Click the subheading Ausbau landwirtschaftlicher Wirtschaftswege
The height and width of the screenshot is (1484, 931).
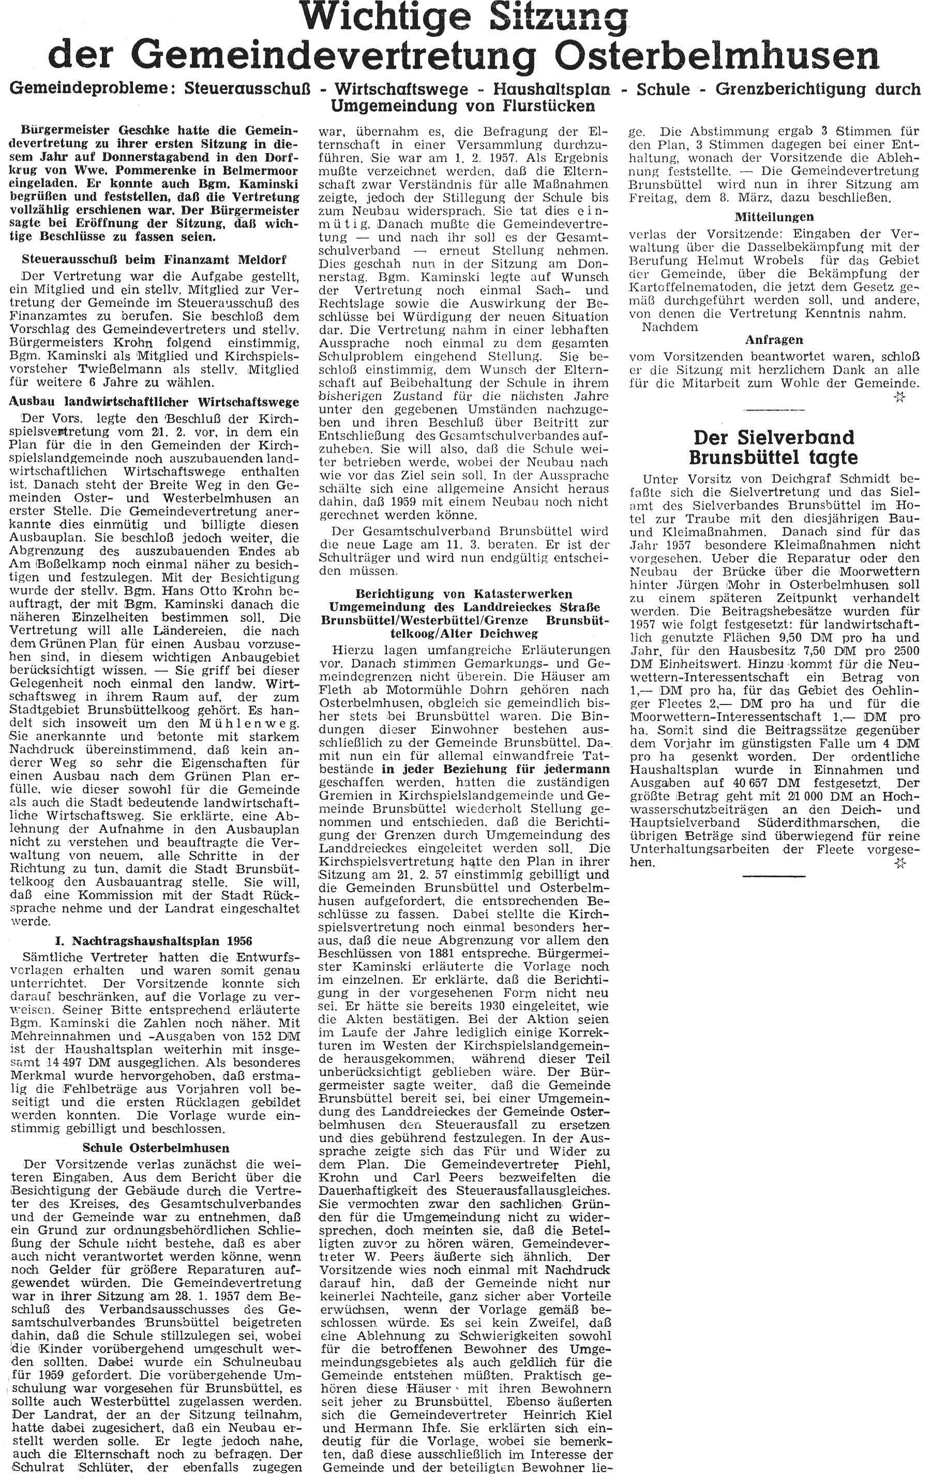pyautogui.click(x=154, y=401)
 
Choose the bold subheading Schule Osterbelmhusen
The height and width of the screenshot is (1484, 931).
pyautogui.click(x=155, y=1148)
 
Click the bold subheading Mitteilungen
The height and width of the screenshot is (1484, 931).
pyautogui.click(x=774, y=217)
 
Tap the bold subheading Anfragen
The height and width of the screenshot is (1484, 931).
pyautogui.click(x=774, y=339)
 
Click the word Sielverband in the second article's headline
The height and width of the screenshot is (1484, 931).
pyautogui.click(x=773, y=437)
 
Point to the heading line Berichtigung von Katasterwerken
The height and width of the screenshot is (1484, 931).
pyautogui.click(x=465, y=594)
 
